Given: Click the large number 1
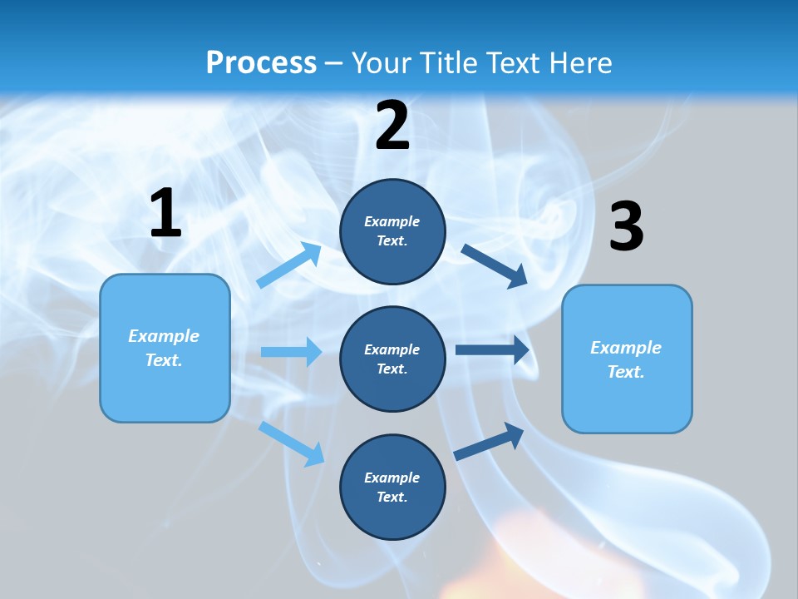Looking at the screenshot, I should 165,213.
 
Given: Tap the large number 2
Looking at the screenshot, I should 392,125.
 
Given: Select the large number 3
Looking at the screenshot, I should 626,226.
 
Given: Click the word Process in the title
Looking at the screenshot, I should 261,62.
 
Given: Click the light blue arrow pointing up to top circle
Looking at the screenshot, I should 289,265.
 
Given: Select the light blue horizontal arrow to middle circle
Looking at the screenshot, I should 291,352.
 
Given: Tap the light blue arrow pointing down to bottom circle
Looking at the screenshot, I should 292,443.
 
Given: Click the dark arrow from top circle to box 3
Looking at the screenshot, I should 494,265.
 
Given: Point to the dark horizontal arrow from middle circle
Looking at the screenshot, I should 491,349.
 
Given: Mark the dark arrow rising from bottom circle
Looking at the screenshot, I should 489,441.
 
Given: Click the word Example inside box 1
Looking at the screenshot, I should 164,336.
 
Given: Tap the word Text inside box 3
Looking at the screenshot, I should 625,372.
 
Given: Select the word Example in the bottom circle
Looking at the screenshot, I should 392,478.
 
